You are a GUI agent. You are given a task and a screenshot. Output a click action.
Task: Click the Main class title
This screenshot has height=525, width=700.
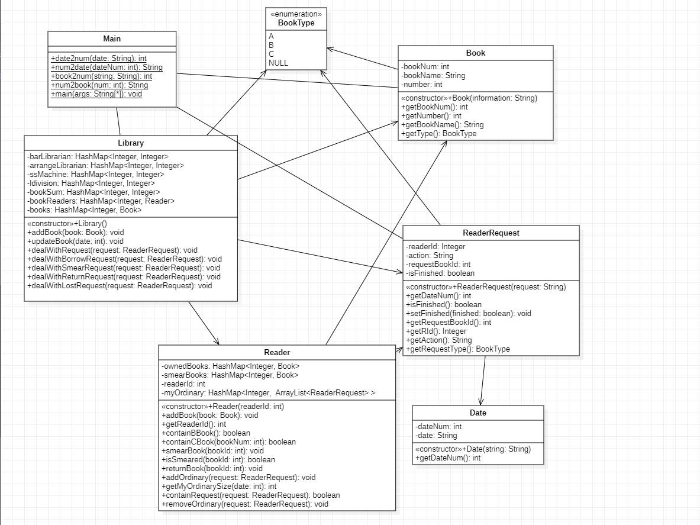(x=112, y=38)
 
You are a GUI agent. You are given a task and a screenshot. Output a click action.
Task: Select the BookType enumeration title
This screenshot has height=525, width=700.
(x=296, y=23)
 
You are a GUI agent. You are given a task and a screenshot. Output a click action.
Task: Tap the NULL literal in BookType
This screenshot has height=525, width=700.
(x=278, y=63)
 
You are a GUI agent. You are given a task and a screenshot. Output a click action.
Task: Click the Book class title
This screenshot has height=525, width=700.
(x=475, y=53)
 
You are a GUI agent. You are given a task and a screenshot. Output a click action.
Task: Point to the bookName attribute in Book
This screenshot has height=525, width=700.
(x=433, y=76)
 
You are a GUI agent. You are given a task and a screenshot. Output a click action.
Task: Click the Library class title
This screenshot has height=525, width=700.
(x=131, y=143)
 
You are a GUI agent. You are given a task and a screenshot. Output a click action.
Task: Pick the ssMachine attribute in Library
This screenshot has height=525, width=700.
(x=95, y=175)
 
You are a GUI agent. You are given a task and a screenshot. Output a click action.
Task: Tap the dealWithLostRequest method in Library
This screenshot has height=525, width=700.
(x=120, y=286)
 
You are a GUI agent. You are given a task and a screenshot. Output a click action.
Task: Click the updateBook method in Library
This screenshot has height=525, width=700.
(x=76, y=241)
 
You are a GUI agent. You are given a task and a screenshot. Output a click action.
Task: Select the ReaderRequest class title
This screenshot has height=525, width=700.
(x=491, y=233)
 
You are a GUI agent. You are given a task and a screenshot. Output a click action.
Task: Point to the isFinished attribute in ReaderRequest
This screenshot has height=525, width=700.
(x=440, y=273)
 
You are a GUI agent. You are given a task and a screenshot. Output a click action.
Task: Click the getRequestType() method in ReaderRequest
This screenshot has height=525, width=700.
(x=458, y=349)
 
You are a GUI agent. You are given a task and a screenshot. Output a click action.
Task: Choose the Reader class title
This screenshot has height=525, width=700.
(x=277, y=352)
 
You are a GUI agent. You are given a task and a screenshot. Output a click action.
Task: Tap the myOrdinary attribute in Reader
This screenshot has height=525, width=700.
(x=268, y=393)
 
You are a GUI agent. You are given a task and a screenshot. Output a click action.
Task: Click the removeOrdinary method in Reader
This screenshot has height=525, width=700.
(x=244, y=504)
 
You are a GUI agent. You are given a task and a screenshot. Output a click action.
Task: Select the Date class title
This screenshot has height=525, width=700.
(x=478, y=413)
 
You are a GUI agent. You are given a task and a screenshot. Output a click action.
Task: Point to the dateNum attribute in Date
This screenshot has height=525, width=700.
(x=438, y=427)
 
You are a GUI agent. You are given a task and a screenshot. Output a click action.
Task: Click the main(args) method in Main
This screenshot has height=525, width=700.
(x=96, y=94)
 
